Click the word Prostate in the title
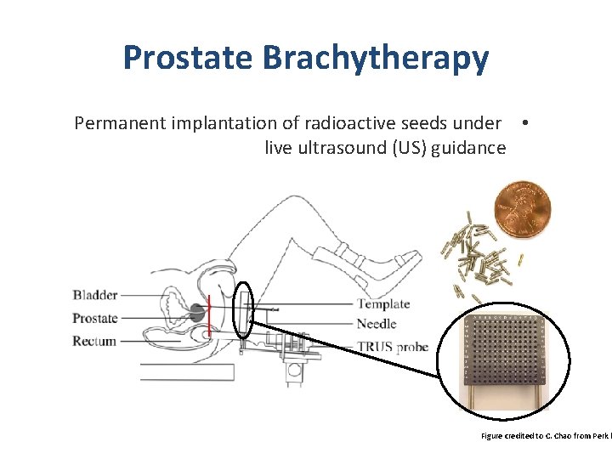tap(189, 58)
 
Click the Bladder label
tap(95, 295)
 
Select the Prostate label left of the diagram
tap(95, 318)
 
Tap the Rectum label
tap(94, 341)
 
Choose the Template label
tap(383, 303)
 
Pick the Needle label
tap(377, 323)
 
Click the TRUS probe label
tap(392, 346)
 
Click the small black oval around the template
tap(243, 309)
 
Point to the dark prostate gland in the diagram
tap(197, 312)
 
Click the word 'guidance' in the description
tap(468, 148)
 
